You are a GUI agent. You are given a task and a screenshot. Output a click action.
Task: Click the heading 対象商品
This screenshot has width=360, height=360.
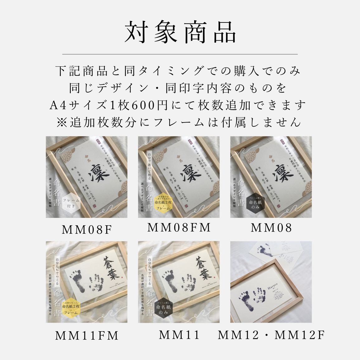point(180,32)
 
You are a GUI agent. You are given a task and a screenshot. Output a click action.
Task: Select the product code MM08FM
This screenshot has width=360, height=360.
point(179,228)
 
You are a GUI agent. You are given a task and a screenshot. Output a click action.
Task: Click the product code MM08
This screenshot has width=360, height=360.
point(271,228)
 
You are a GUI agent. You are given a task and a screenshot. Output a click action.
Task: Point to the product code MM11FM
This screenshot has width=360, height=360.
point(87,336)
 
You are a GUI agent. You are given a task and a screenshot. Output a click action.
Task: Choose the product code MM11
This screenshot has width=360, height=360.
point(179,335)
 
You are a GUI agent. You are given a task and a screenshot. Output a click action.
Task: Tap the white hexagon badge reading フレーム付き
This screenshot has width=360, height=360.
point(71,203)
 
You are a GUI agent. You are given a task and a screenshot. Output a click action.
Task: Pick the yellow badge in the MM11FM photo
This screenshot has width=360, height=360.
point(71,309)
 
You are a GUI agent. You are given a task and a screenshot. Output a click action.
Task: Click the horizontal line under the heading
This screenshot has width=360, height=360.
point(180,54)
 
